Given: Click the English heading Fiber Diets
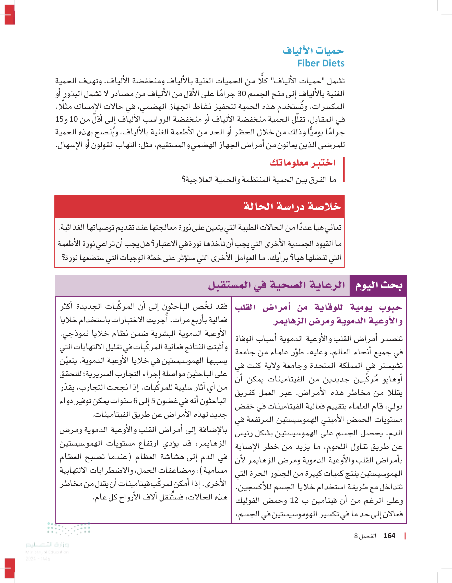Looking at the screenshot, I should point(321,63).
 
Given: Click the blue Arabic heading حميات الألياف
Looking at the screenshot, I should point(313,50).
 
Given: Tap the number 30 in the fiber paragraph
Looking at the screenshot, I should point(242,94).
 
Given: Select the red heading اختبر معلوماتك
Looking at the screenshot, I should point(302,162).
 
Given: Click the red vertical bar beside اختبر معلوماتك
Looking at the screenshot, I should point(344,170).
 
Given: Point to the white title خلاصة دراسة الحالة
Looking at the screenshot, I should point(292,206).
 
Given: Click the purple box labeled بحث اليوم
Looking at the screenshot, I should point(378,285).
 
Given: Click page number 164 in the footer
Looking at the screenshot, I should point(389,536).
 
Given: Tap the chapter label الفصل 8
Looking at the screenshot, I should point(365,536).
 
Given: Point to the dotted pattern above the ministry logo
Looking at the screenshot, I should point(69,529).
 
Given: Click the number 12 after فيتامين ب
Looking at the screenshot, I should point(294,500).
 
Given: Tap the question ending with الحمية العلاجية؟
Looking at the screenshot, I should point(259,180).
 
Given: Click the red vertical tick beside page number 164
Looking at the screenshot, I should point(405,536).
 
